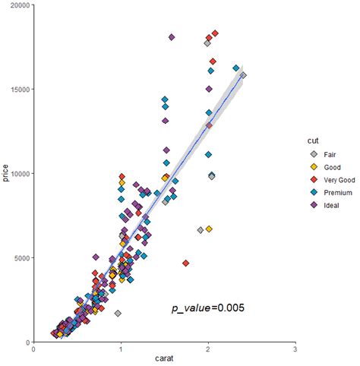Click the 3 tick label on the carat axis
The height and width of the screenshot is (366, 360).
[x=295, y=349]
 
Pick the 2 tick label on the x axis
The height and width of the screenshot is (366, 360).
[x=207, y=349]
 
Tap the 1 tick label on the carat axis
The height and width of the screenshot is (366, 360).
[x=120, y=349]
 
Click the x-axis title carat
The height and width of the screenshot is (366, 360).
[x=163, y=359]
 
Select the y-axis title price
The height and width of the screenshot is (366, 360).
[x=7, y=174]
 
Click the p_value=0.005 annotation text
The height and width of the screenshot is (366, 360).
[x=207, y=308]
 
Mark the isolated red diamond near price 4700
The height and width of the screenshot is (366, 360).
[x=186, y=263]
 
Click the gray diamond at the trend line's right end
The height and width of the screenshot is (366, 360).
[x=243, y=75]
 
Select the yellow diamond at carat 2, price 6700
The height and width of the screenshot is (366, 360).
[x=209, y=229]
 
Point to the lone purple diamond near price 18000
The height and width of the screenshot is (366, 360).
[x=172, y=37]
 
